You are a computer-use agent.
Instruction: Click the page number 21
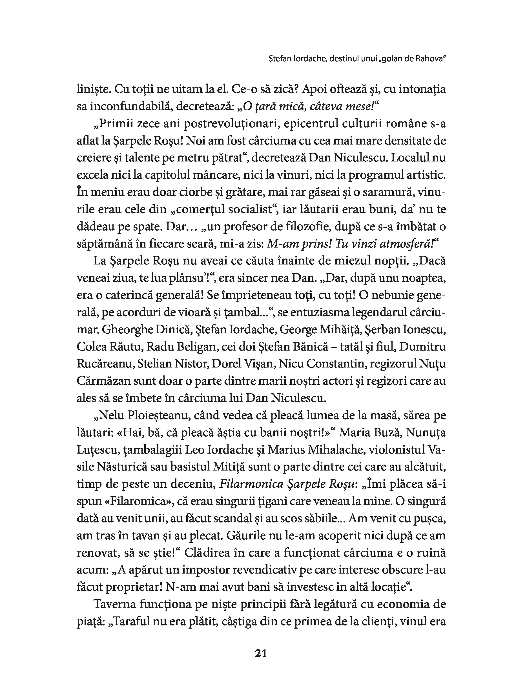click(261, 653)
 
